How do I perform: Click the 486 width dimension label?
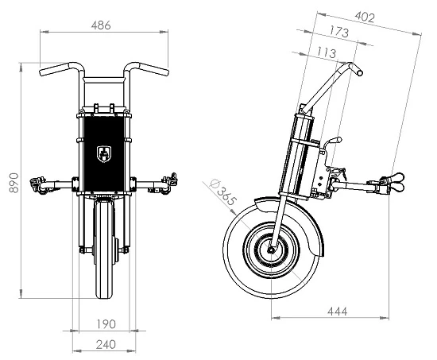click(x=100, y=25)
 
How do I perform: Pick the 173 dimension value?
click(x=340, y=32)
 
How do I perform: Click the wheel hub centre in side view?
click(x=272, y=251)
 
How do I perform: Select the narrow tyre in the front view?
click(x=102, y=254)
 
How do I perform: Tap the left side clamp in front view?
click(x=37, y=186)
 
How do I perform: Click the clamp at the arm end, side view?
click(x=394, y=184)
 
